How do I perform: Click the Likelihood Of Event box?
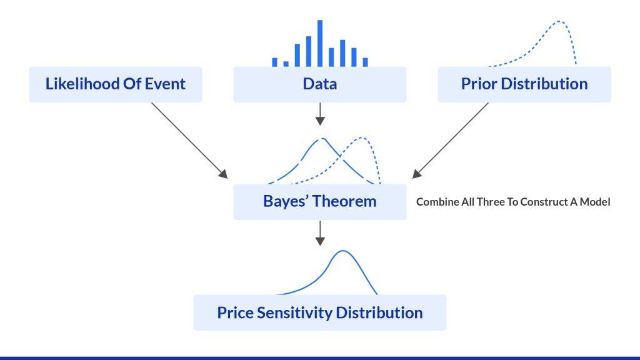pos(116,84)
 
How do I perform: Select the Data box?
pos(319,84)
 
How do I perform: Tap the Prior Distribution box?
pos(524,84)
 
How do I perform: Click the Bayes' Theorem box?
pos(319,202)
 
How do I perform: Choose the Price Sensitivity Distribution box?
pos(319,312)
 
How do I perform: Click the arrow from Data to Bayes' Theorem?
pos(320,114)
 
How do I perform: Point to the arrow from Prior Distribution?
pos(450,141)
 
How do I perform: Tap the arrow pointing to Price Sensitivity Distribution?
pos(320,232)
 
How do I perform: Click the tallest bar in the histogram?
pos(320,42)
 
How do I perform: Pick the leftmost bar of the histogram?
pos(274,62)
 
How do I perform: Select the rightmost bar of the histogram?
pos(366,62)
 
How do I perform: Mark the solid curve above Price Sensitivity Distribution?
pos(342,252)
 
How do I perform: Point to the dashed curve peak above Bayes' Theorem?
pos(322,139)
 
